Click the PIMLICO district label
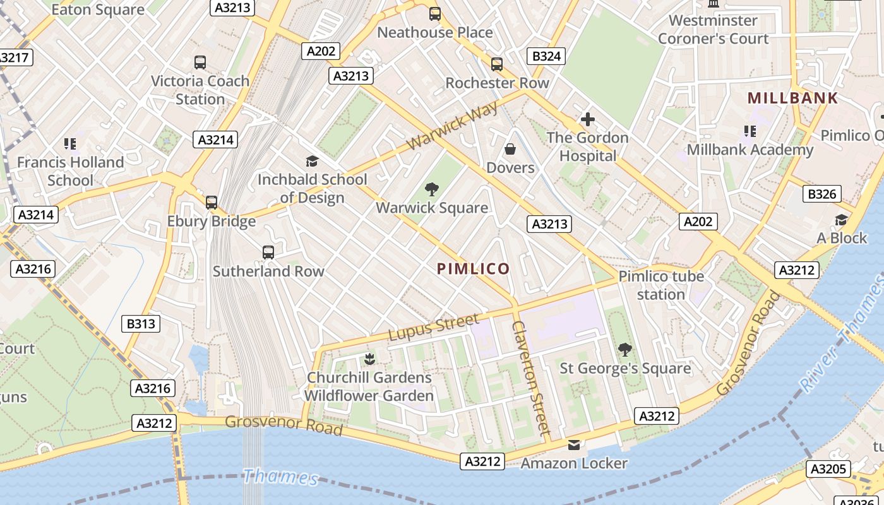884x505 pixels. point(473,269)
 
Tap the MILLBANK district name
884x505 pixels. point(792,98)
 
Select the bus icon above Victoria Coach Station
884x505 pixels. point(200,62)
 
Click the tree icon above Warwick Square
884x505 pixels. point(432,189)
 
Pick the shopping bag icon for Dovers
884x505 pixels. point(510,149)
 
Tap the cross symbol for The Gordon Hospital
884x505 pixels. point(587,119)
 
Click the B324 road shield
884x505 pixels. point(546,56)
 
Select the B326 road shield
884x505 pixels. point(821,194)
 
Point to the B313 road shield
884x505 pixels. point(140,324)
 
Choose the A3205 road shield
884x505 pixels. point(828,469)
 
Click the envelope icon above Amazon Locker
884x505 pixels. point(573,445)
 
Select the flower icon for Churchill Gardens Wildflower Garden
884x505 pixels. point(369,359)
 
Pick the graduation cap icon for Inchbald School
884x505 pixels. point(312,161)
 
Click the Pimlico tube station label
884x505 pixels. point(660,285)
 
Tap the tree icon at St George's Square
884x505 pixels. point(624,349)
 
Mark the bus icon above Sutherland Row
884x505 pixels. point(268,252)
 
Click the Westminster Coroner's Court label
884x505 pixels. point(713,29)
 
